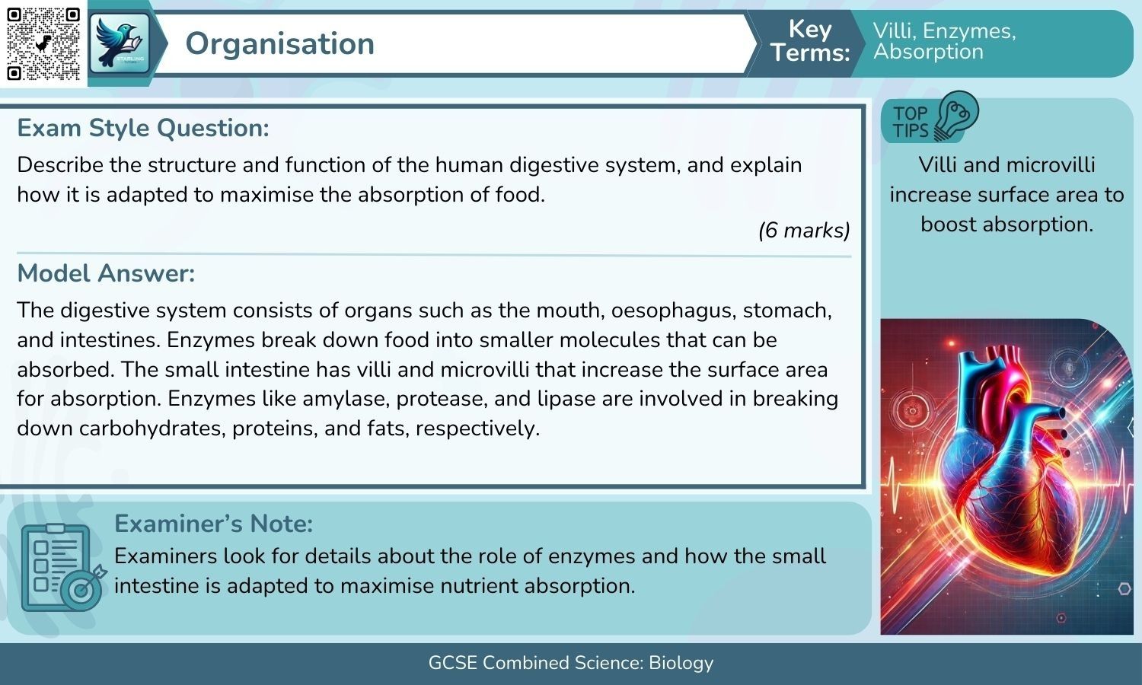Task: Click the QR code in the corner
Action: (x=43, y=43)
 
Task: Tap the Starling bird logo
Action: (x=120, y=43)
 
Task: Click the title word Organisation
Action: (x=279, y=43)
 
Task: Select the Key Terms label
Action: (x=809, y=41)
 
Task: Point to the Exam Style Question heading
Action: (x=143, y=128)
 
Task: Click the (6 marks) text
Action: (x=804, y=230)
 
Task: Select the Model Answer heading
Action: (x=106, y=273)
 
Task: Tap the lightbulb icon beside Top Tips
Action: (x=957, y=116)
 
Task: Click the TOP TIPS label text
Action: (x=911, y=122)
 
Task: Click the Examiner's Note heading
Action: (x=213, y=524)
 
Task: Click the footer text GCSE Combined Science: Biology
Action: (x=571, y=663)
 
